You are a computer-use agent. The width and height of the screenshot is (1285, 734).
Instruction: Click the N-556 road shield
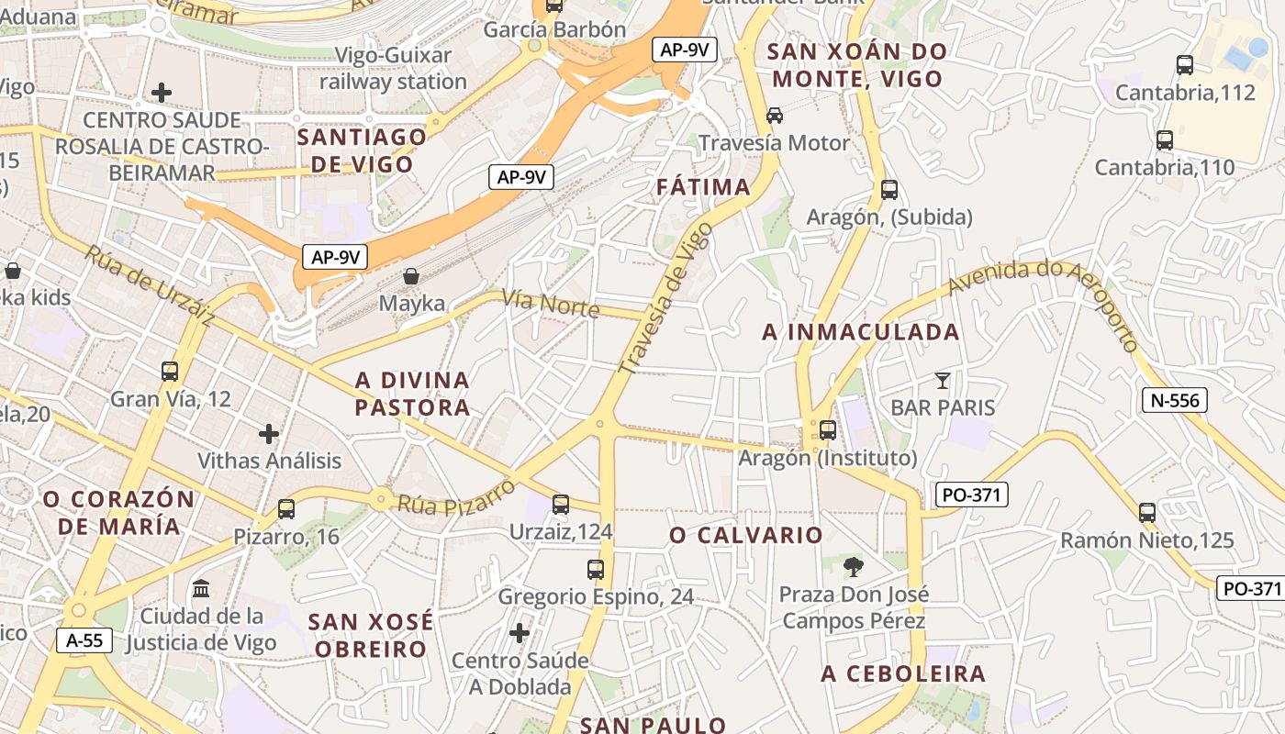point(1175,400)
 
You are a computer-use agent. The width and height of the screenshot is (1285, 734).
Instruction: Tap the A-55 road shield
point(84,639)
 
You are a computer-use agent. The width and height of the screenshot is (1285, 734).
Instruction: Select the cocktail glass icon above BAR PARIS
point(942,380)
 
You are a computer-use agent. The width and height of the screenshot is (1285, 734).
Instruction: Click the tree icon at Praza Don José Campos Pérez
point(854,566)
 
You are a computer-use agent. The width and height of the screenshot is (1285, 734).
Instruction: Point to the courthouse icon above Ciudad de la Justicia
point(201,588)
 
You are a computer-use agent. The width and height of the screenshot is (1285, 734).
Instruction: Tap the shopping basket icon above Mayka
point(412,276)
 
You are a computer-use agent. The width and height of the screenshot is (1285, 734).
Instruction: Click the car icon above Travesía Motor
point(775,116)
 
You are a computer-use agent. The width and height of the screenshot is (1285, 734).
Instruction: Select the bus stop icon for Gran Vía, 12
point(170,372)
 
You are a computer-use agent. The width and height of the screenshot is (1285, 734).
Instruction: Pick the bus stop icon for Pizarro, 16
point(286,509)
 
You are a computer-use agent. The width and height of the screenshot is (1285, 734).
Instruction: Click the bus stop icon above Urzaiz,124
point(561,505)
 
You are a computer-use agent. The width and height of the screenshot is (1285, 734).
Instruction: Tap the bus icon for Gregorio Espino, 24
point(596,570)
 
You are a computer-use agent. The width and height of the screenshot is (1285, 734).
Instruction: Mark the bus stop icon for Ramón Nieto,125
point(1147,513)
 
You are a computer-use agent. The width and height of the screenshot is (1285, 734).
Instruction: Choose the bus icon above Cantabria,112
point(1185,65)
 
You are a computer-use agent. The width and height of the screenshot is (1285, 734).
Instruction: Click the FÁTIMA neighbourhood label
point(704,187)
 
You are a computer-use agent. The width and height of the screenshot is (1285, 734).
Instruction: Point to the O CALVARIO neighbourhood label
point(746,535)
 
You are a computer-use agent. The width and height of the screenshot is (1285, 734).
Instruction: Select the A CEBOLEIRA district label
point(903,674)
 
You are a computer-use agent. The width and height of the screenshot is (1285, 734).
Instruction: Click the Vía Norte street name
point(551,305)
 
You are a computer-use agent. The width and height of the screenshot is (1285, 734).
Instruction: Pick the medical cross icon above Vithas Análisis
point(269,433)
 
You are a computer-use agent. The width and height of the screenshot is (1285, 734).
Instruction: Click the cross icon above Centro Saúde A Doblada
point(520,633)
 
